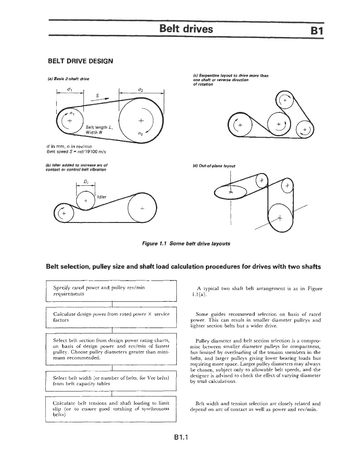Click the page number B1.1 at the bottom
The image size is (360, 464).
click(180, 437)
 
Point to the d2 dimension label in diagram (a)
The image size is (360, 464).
click(141, 90)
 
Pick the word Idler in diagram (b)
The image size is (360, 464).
click(103, 196)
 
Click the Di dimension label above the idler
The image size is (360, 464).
click(86, 182)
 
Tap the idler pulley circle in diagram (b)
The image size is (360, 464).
click(86, 200)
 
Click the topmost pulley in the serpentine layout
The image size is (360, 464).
click(286, 101)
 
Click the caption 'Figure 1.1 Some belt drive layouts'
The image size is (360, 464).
click(186, 243)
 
